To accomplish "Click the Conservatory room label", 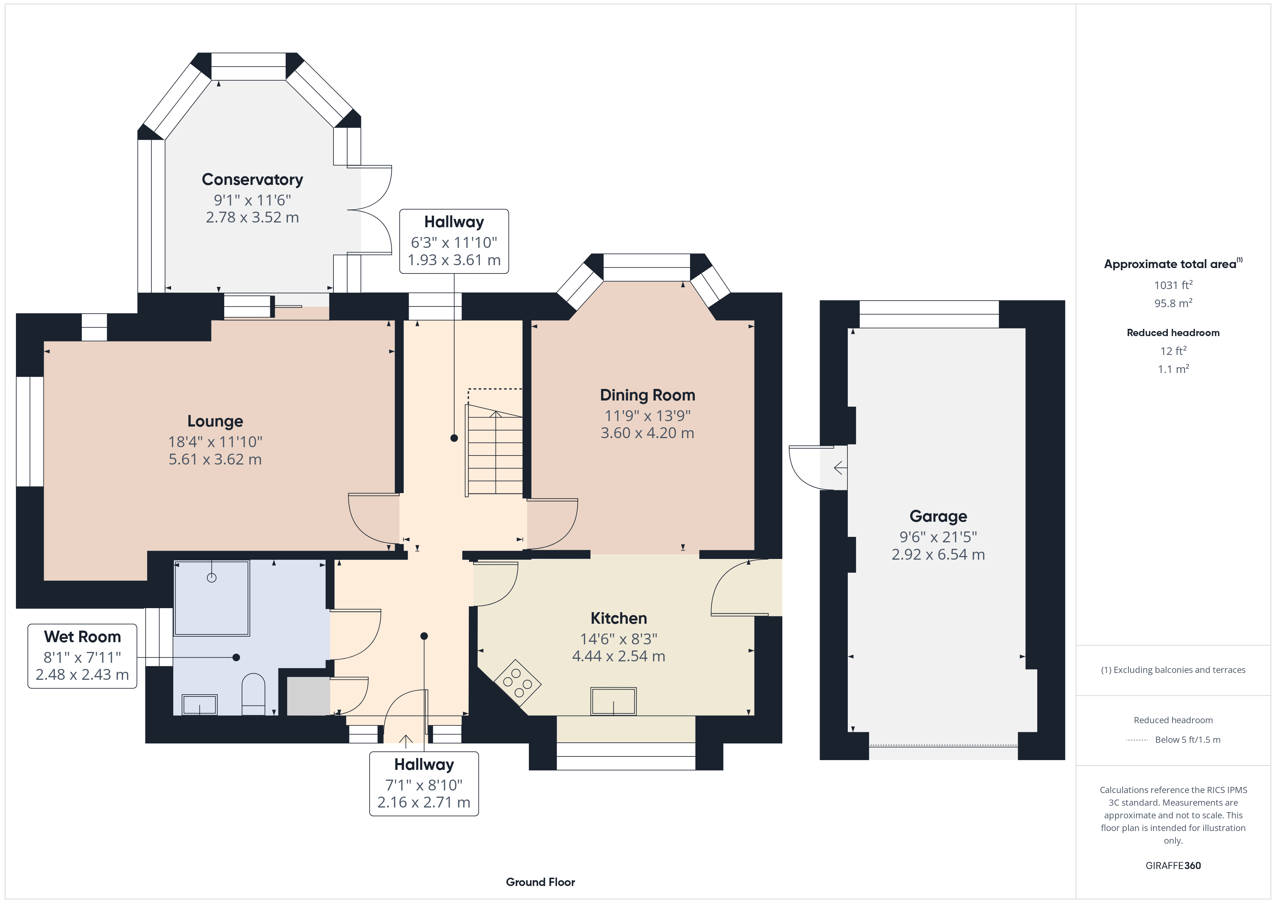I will click(252, 179).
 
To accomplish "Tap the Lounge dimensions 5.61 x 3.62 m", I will click(215, 459).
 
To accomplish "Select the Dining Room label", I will click(647, 395).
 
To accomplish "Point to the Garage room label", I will click(938, 517).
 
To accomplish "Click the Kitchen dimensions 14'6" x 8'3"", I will click(618, 639).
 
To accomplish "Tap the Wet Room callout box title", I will click(82, 637).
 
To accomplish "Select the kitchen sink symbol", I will click(613, 701).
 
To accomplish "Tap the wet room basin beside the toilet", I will click(200, 704).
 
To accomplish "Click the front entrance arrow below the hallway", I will click(406, 741).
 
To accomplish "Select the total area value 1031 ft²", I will click(1173, 285).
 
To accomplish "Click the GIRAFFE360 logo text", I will click(1173, 865).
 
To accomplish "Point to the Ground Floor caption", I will click(540, 882).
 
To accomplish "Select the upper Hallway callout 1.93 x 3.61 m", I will click(454, 260).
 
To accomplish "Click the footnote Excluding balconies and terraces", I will click(1173, 670).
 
